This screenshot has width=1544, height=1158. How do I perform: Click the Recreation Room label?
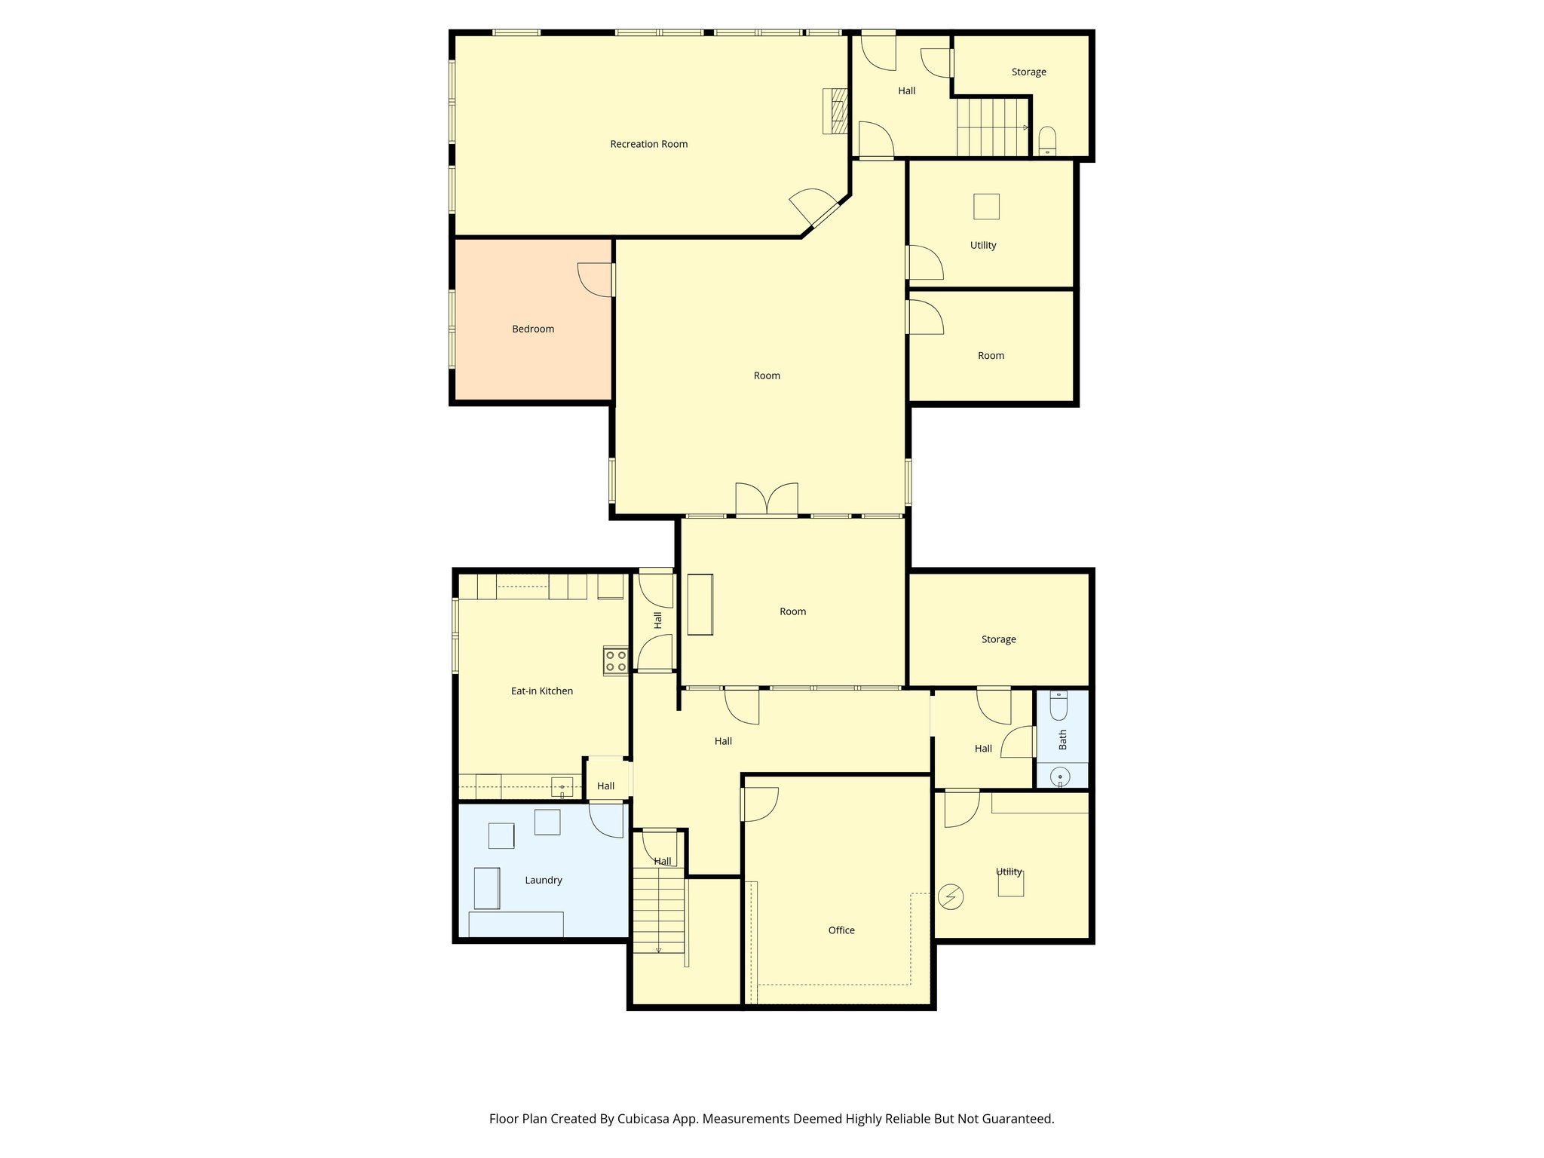[x=648, y=144]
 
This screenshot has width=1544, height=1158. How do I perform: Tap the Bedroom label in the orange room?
[x=532, y=329]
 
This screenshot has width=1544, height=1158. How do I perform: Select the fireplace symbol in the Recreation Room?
[x=835, y=111]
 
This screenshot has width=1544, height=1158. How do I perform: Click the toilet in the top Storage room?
[x=1047, y=140]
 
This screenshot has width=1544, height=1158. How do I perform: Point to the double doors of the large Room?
[x=767, y=499]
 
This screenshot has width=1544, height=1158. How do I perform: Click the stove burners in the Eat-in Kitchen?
[x=615, y=661]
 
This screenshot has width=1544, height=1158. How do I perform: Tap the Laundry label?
[x=543, y=880]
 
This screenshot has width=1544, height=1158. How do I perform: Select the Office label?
[x=841, y=930]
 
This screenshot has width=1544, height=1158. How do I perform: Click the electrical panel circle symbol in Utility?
[x=950, y=896]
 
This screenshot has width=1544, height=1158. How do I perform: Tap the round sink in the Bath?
[x=1060, y=776]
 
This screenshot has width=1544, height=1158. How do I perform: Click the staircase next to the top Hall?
[x=992, y=127]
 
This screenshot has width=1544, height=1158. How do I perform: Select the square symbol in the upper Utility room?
[x=985, y=207]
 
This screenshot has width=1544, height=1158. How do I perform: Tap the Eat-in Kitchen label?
[x=541, y=691]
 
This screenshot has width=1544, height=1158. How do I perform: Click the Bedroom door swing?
[x=595, y=279]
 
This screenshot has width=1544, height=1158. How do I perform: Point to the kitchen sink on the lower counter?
[x=562, y=787]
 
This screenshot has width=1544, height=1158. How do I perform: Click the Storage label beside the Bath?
[x=998, y=639]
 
